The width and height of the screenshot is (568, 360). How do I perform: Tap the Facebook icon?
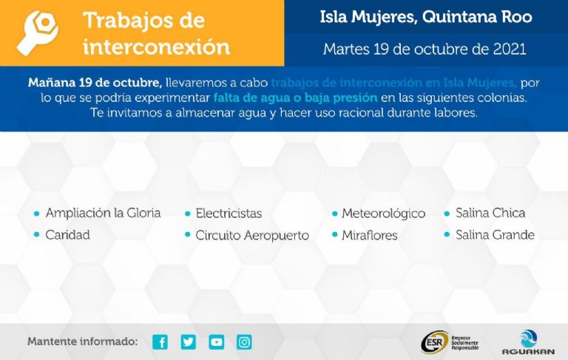coord(160,342)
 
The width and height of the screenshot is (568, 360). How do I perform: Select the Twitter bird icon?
coord(189,342)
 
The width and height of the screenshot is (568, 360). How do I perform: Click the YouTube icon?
coord(216,342)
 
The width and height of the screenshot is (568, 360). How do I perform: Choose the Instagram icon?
coord(244,342)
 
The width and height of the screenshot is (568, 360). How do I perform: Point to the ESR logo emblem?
coord(434,342)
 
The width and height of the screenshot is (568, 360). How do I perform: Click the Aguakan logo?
coord(528,342)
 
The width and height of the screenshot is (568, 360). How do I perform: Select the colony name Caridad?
coord(68,235)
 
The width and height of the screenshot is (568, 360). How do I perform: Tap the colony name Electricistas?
coord(229,214)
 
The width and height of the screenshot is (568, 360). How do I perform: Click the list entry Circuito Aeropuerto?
coord(252,235)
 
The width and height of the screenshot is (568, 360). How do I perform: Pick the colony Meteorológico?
coord(384,214)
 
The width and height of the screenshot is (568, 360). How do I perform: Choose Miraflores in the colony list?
coord(370,235)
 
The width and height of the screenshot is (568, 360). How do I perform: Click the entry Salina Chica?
coord(490,213)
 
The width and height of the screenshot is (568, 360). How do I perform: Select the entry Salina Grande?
coord(496,235)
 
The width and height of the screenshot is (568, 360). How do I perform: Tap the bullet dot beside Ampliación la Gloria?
coord(36,214)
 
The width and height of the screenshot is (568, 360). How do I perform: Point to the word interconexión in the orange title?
coord(157,47)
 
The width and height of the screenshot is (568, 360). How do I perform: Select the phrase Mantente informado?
coord(83,342)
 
